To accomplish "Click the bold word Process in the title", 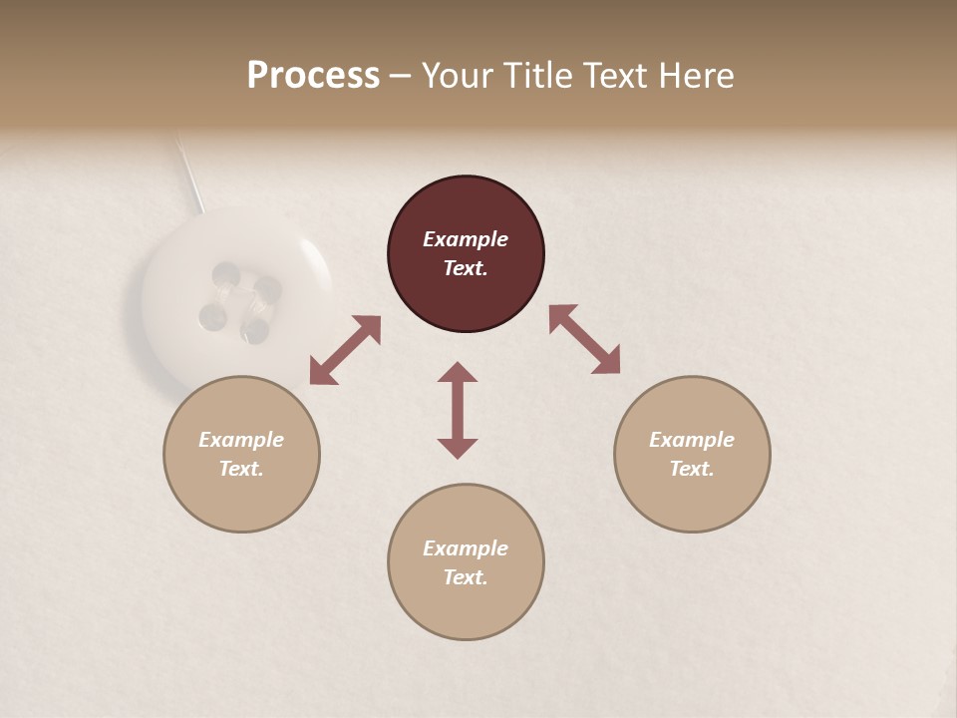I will pyautogui.click(x=313, y=76).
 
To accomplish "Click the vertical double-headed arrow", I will pyautogui.click(x=458, y=410).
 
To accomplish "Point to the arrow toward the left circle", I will pyautogui.click(x=345, y=350).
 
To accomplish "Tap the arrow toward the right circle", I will pyautogui.click(x=584, y=339).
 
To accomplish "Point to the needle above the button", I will pyautogui.click(x=189, y=170).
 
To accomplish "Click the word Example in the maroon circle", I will pyautogui.click(x=466, y=239).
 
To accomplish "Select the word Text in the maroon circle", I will pyautogui.click(x=466, y=268).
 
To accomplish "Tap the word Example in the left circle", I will pyautogui.click(x=241, y=440).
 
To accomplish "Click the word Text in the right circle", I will pyautogui.click(x=692, y=469).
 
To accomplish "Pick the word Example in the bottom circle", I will pyautogui.click(x=466, y=548).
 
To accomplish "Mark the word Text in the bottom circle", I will pyautogui.click(x=466, y=577).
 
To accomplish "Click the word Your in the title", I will pyautogui.click(x=456, y=76).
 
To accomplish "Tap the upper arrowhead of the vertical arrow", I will pyautogui.click(x=458, y=373).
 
